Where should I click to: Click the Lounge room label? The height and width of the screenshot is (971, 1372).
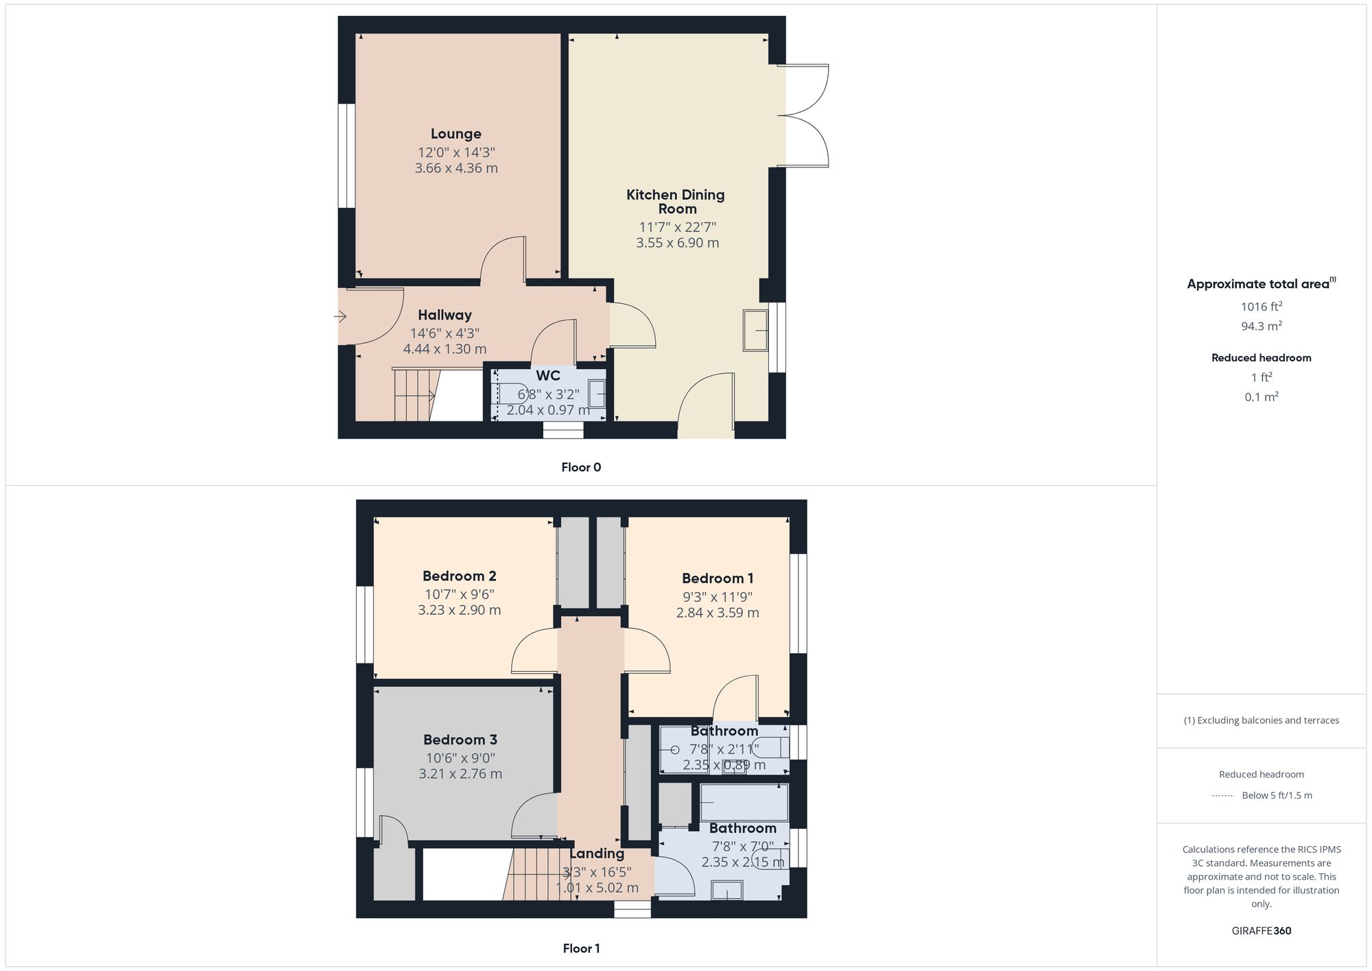click(x=456, y=134)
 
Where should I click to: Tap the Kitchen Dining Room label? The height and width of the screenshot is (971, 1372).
click(x=676, y=202)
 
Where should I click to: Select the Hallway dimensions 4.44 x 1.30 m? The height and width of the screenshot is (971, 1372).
click(x=445, y=349)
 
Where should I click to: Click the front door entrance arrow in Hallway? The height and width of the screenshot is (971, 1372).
click(x=340, y=316)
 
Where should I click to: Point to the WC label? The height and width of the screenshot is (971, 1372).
click(x=547, y=375)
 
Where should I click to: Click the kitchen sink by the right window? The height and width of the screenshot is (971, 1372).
click(x=755, y=330)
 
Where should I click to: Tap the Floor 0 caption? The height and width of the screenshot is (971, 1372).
click(x=581, y=467)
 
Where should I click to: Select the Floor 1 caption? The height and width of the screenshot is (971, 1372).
click(x=581, y=948)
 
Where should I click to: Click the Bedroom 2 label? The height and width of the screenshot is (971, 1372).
click(x=459, y=576)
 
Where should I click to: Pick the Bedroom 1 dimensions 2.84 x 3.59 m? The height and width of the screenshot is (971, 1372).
click(x=718, y=613)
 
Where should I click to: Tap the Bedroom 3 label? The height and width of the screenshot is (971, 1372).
click(x=460, y=740)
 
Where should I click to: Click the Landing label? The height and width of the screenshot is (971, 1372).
click(x=597, y=854)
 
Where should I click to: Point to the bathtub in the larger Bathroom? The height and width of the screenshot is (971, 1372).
click(x=744, y=802)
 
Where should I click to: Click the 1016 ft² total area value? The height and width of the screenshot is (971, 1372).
click(x=1261, y=307)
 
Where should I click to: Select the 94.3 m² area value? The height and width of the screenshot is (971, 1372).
click(x=1261, y=326)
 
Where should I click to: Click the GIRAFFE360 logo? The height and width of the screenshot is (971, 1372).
click(x=1261, y=931)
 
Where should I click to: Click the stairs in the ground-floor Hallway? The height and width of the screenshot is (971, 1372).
click(x=412, y=395)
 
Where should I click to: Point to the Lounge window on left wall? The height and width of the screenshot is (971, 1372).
click(x=346, y=155)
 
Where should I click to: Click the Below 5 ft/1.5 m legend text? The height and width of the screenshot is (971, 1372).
click(x=1277, y=795)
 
